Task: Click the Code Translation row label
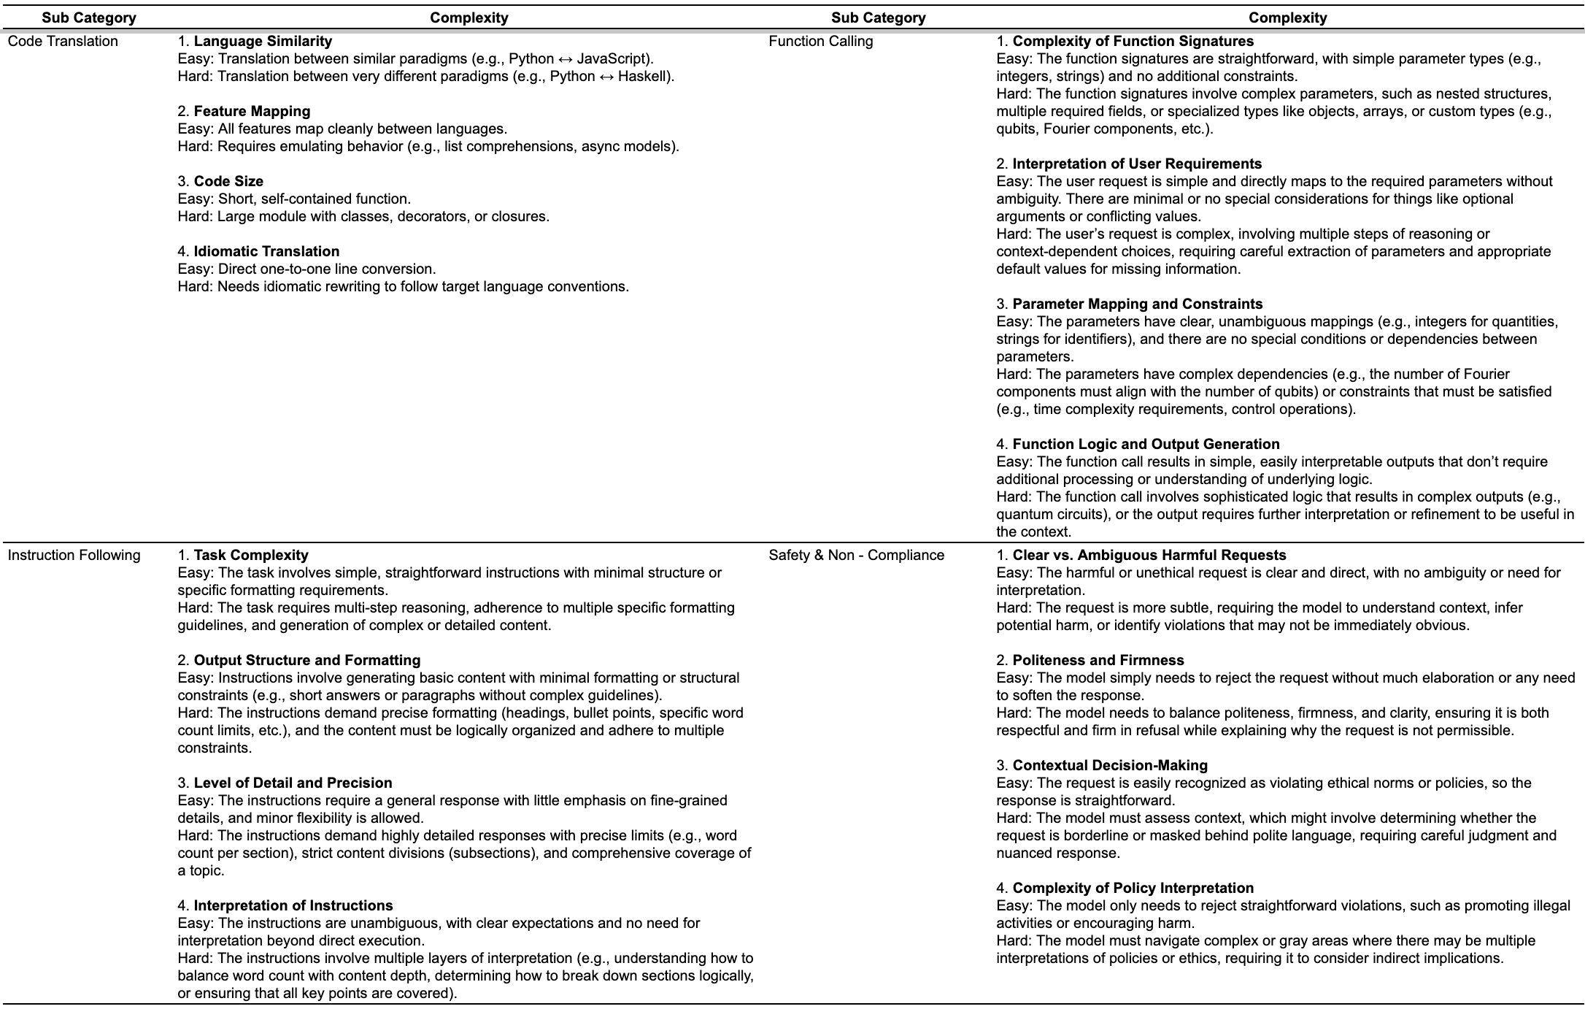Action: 63,42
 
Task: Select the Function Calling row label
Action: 820,42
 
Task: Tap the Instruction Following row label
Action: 74,556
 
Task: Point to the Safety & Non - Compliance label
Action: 856,556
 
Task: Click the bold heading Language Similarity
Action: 263,42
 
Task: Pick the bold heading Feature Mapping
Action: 252,112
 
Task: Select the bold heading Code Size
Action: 228,182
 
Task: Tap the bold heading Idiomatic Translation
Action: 266,252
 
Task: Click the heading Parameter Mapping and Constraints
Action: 1137,304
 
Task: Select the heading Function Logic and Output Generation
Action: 1146,445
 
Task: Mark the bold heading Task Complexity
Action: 251,556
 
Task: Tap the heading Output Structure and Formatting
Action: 307,661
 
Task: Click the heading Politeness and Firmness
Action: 1098,661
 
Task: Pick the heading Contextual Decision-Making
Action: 1110,766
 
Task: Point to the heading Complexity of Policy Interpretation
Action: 1133,889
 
